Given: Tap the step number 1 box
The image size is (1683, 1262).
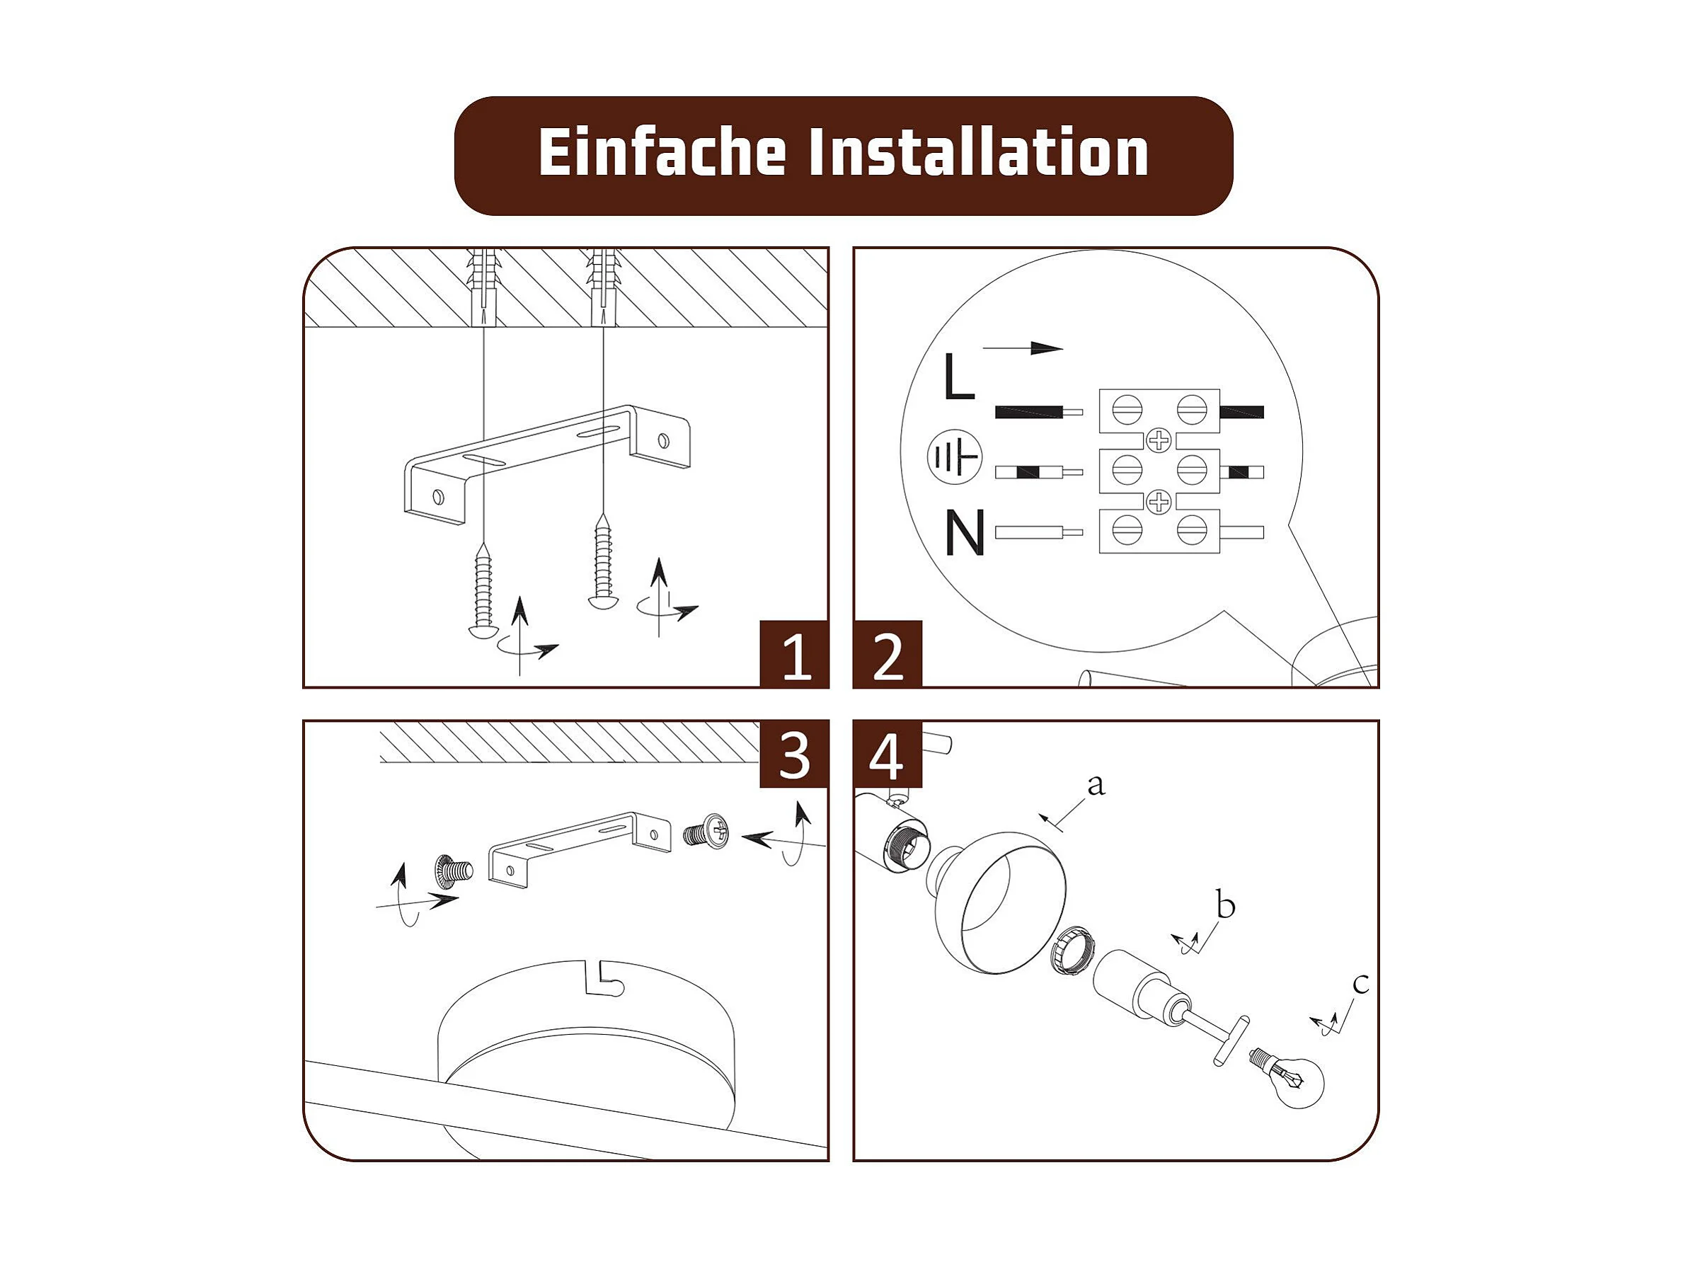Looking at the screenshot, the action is tap(794, 655).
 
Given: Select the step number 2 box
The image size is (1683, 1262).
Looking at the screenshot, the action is tap(888, 655).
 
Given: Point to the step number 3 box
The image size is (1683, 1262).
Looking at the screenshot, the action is tap(794, 754).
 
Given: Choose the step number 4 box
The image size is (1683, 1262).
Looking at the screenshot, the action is tap(888, 754).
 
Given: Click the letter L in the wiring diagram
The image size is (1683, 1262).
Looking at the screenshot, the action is tap(959, 377).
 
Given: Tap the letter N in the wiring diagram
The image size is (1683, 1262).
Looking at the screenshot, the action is tap(965, 532).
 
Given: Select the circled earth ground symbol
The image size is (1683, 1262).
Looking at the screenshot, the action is tap(954, 458).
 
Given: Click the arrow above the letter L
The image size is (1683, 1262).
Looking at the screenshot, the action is tap(1023, 348).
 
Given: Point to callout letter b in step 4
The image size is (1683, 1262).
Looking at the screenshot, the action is tap(1226, 905).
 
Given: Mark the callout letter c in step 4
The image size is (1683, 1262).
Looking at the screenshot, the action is tap(1361, 984).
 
